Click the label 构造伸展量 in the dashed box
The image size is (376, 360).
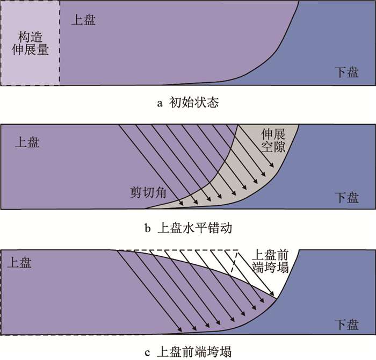coord(30,44)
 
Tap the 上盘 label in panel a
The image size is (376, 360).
coord(84,20)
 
